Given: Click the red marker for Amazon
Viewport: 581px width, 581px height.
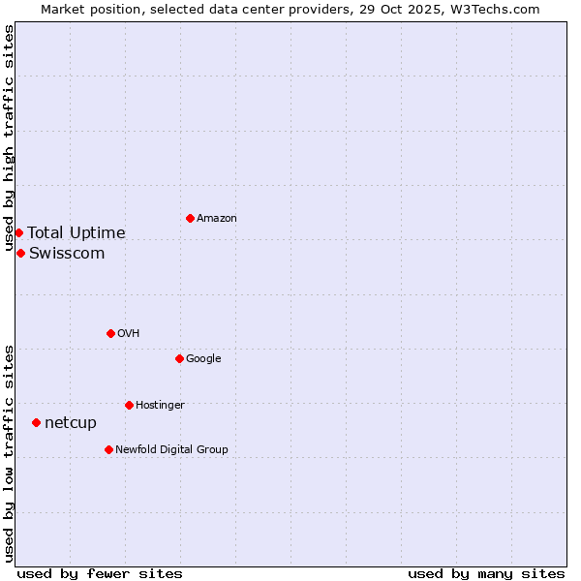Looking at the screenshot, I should (190, 218).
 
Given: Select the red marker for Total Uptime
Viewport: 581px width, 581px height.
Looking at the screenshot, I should (18, 232).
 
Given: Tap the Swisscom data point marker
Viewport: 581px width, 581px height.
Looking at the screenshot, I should (20, 253).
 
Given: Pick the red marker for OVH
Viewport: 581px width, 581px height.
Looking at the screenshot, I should (110, 333).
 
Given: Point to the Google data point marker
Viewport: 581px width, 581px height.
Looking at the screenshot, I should (179, 358).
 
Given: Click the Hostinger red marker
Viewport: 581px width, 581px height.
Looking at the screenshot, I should (129, 405).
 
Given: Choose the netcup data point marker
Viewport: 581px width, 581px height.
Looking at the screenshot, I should (36, 422).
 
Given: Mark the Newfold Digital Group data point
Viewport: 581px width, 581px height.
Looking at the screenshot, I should (108, 449).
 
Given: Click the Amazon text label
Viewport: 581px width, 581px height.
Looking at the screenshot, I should (217, 219).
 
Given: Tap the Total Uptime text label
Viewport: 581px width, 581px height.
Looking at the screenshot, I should (76, 232).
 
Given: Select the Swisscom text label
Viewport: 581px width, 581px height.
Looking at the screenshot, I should (67, 254).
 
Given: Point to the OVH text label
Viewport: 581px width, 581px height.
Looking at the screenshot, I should (129, 334).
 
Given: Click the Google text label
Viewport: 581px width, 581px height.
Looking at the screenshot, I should (203, 359).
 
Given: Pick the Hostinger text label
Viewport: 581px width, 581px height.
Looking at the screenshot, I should (160, 406).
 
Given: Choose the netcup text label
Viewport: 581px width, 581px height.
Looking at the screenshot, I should (71, 423).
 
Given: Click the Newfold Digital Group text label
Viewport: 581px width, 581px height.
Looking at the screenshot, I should (171, 450).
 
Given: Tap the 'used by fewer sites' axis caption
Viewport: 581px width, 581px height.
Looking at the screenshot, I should (100, 574).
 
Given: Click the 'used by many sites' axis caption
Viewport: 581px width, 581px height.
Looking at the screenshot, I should (486, 574).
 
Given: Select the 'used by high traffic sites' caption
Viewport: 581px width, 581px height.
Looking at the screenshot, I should (9, 138).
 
